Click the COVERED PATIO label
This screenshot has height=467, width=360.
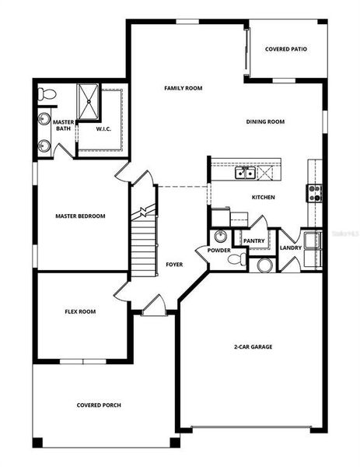285,49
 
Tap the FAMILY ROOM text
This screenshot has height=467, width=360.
183,89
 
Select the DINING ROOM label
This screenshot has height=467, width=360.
265,121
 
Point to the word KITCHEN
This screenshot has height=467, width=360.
263,198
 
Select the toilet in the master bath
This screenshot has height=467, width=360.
47,95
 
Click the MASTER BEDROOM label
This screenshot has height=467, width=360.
80,216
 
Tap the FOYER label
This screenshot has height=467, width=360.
174,265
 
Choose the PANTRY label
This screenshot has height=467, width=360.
254,241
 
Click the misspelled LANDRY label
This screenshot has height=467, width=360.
291,248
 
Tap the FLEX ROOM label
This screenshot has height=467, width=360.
80,311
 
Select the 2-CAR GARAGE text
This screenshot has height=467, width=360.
253,346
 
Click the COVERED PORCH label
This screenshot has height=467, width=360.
99,405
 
